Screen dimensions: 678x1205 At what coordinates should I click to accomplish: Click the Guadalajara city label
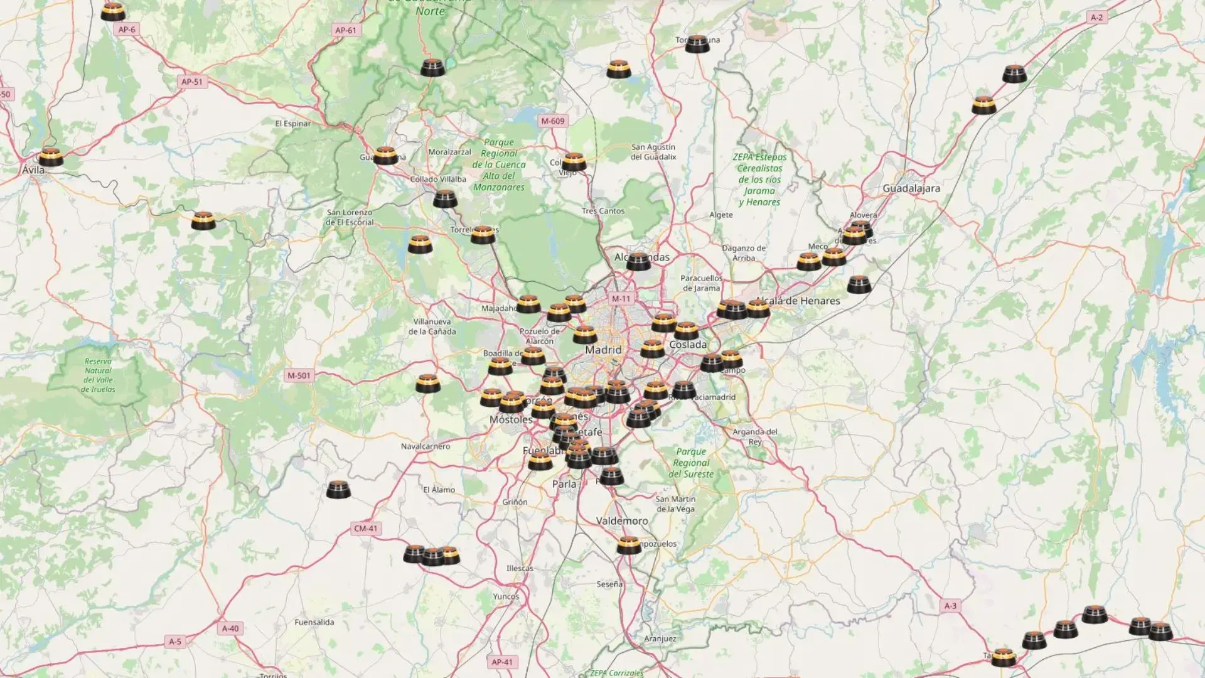point(911,188)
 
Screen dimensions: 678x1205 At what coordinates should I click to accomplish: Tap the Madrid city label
point(603,350)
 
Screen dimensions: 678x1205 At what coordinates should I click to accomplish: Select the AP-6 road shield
point(127,30)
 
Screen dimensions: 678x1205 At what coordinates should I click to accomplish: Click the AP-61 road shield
point(346,30)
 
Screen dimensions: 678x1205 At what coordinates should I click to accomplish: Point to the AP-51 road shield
point(192,82)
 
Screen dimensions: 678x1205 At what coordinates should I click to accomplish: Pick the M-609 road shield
point(553,121)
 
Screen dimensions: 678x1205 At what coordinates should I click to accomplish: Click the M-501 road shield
point(299,376)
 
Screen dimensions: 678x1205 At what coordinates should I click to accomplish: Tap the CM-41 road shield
point(366,529)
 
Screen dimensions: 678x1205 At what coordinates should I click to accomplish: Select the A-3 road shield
point(951,606)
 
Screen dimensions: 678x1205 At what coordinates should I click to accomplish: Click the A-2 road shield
point(1096,18)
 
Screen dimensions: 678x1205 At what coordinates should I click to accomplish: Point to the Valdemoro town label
point(622,521)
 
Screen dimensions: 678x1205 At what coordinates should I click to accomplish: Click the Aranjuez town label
point(660,638)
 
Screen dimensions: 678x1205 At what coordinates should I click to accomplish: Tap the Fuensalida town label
point(314,622)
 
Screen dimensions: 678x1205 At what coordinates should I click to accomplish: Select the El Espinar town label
point(293,124)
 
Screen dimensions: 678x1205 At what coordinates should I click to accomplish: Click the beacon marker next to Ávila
point(50,157)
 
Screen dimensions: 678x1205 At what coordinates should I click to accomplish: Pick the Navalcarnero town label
point(426,446)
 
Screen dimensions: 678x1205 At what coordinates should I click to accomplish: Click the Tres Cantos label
point(602,211)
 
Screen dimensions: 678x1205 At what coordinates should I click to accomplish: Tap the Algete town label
point(721,215)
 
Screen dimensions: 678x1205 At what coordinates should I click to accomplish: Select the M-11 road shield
point(621,299)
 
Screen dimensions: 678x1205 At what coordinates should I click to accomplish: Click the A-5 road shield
point(175,642)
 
